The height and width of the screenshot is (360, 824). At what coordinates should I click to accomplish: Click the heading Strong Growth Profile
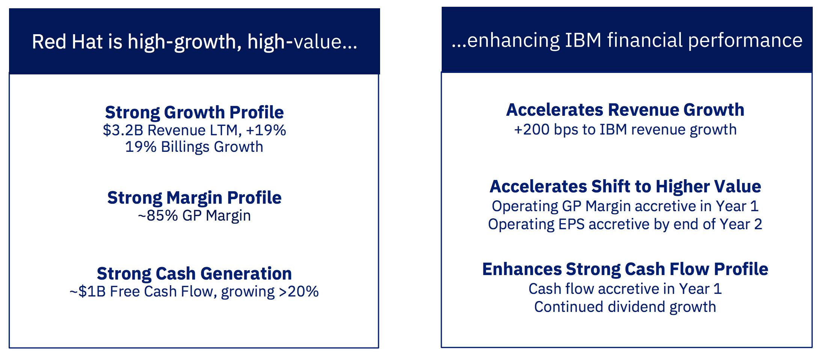point(194,112)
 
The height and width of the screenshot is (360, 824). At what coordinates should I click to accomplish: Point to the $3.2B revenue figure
point(123,130)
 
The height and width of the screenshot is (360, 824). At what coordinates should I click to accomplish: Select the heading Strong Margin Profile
point(194,198)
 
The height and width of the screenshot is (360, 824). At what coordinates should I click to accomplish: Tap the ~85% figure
point(158,216)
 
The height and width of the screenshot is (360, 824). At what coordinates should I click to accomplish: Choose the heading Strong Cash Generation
point(194,274)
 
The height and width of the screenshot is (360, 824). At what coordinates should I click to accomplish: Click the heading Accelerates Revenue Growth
point(625,110)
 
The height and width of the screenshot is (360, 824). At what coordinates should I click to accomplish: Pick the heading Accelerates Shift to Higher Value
point(625,186)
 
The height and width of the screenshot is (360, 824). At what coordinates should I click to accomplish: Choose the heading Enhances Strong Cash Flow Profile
point(625,269)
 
